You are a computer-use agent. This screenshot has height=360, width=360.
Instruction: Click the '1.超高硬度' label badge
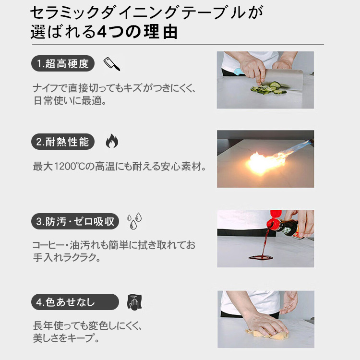pos(63,63)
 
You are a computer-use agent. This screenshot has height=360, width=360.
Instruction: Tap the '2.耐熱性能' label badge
pos(63,142)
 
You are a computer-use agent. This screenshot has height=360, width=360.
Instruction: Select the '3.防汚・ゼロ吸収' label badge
pos(75,221)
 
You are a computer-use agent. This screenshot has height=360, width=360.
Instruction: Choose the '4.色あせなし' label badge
pos(75,302)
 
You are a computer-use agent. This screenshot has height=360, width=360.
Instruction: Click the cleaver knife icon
pos(111,64)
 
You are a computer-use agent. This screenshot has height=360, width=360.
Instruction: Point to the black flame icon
pos(112,141)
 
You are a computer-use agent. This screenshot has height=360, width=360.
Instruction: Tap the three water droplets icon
pos(134,221)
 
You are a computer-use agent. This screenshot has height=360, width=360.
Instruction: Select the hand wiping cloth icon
pos(134,302)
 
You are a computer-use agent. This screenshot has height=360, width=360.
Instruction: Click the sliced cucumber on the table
pos(269,88)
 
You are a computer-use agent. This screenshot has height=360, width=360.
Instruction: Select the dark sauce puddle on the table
pos(261,257)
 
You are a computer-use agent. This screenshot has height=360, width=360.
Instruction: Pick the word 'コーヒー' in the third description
pos(48,245)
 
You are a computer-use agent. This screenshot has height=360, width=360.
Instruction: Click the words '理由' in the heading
pos(161,32)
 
